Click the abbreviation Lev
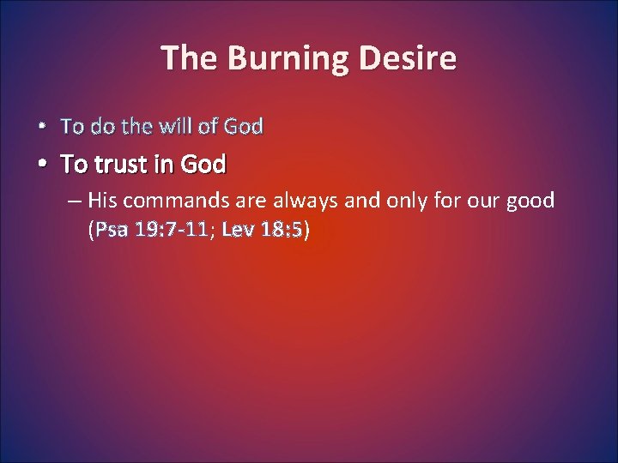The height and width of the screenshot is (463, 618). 236,229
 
